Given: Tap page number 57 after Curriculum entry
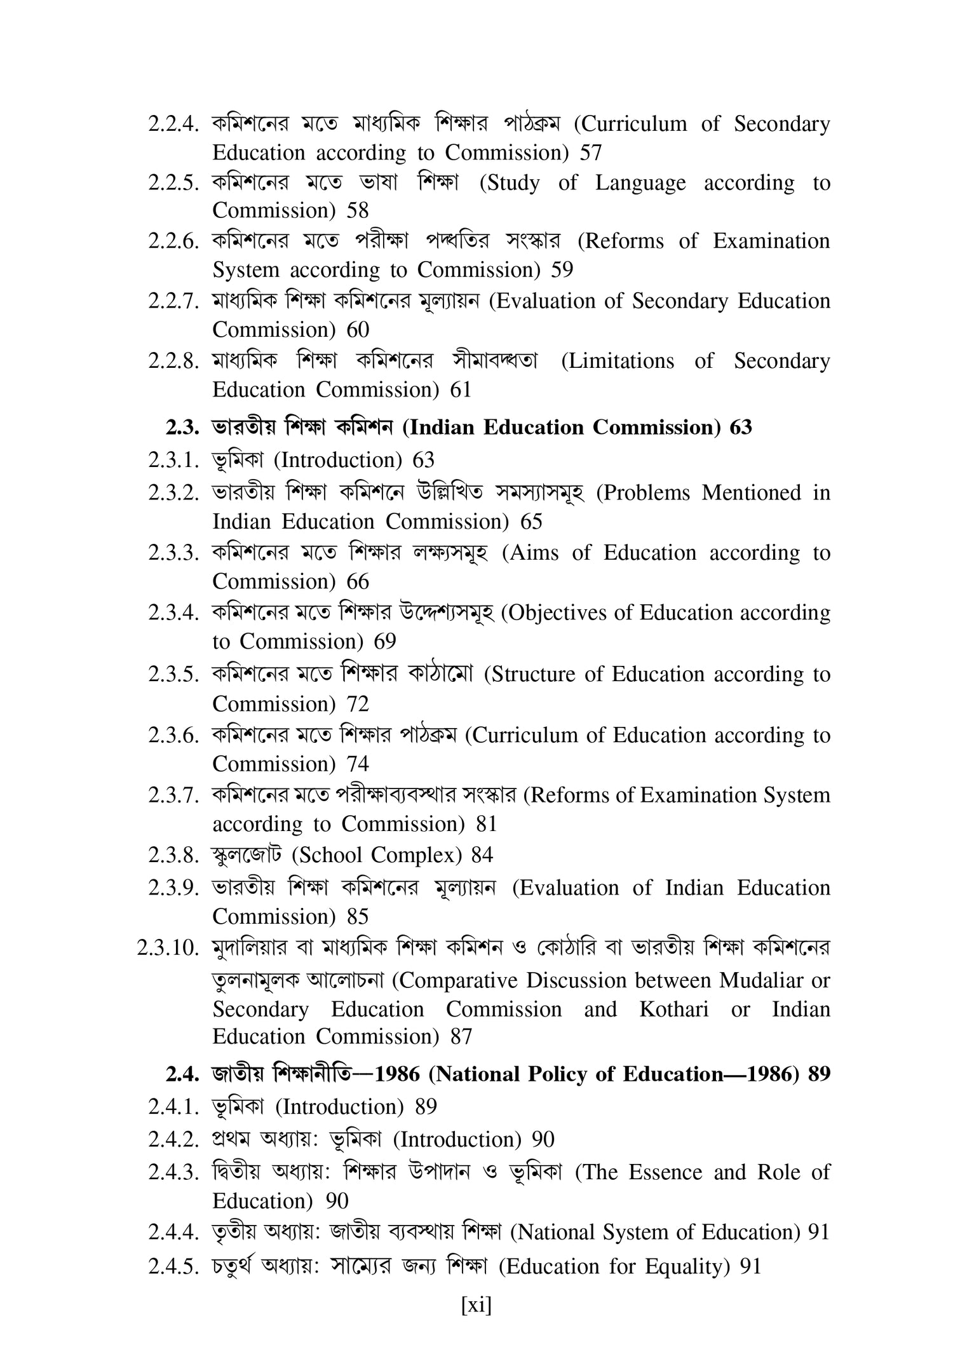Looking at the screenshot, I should click(x=591, y=153).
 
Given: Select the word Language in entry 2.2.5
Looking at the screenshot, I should click(x=640, y=184).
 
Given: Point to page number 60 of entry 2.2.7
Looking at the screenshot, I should click(x=358, y=330).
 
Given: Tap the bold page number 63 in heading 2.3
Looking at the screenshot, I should click(x=740, y=428).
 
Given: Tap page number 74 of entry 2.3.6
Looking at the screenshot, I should click(x=358, y=764).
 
